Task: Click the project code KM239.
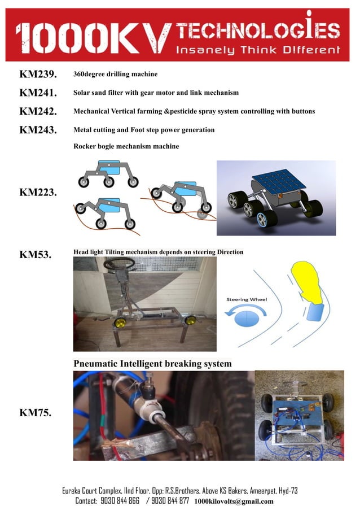click(38, 75)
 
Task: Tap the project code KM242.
click(38, 112)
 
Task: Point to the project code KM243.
click(38, 130)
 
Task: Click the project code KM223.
click(38, 193)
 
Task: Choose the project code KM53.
click(36, 255)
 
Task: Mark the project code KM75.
click(36, 413)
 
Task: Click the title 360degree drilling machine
click(116, 75)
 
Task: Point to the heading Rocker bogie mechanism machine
click(126, 146)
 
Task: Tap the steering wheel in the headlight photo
click(119, 263)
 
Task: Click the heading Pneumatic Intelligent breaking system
click(152, 363)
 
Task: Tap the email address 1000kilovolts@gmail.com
click(234, 502)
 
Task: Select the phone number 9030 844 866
click(120, 501)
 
